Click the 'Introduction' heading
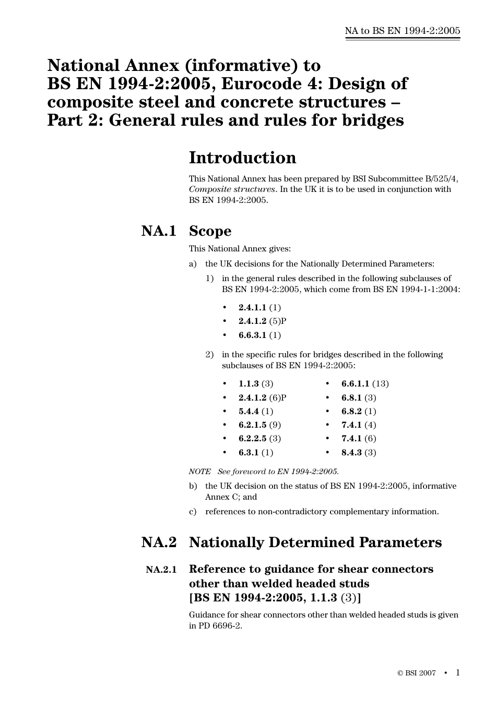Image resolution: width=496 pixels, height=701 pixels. [x=242, y=158]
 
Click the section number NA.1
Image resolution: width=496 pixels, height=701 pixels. [x=159, y=231]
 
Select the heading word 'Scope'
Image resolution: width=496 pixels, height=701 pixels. [x=210, y=231]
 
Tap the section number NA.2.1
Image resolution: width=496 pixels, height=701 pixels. [x=161, y=570]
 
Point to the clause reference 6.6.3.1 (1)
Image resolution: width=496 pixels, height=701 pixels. [x=259, y=335]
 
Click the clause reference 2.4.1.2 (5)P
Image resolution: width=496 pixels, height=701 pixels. [x=263, y=321]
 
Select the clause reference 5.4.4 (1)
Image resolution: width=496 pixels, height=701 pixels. [x=256, y=411]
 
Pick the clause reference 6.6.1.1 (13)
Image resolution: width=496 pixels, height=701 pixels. [x=365, y=384]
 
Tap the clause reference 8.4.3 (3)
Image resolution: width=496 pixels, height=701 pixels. [x=359, y=452]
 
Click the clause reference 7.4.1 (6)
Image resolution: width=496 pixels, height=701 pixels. [x=359, y=439]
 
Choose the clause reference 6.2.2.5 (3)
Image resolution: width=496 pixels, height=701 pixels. [x=259, y=439]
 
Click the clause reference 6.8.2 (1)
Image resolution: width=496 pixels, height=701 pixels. [x=359, y=411]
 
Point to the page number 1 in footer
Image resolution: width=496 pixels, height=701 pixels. [x=458, y=672]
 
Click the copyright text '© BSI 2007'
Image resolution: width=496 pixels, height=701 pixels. [x=417, y=673]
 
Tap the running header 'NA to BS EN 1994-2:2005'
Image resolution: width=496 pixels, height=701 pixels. [x=403, y=31]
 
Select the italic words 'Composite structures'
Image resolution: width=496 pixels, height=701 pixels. [x=232, y=189]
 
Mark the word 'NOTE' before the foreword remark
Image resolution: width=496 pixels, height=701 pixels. [x=199, y=472]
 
